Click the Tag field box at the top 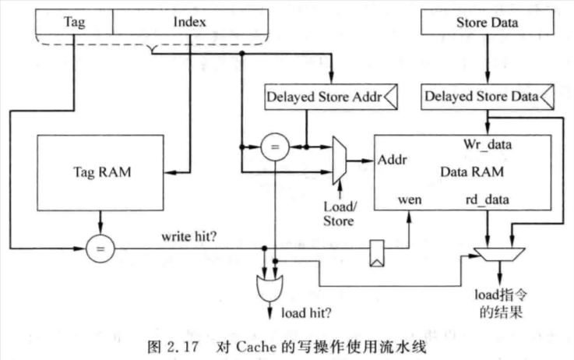click(x=74, y=22)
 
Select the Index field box click(x=190, y=22)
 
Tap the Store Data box click(x=488, y=23)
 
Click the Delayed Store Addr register click(x=331, y=97)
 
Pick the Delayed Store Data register click(x=488, y=97)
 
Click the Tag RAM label click(x=102, y=171)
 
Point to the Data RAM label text click(x=472, y=171)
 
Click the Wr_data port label click(x=488, y=144)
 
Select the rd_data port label click(x=488, y=199)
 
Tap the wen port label click(x=410, y=200)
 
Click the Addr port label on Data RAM click(x=392, y=160)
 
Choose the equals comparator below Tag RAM click(x=100, y=249)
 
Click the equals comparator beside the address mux click(x=275, y=147)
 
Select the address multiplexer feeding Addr click(x=340, y=161)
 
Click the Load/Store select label click(x=339, y=214)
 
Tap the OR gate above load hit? click(x=269, y=288)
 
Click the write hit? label click(x=189, y=237)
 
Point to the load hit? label click(x=306, y=313)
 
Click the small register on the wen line click(x=377, y=253)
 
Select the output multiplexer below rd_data click(x=499, y=255)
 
